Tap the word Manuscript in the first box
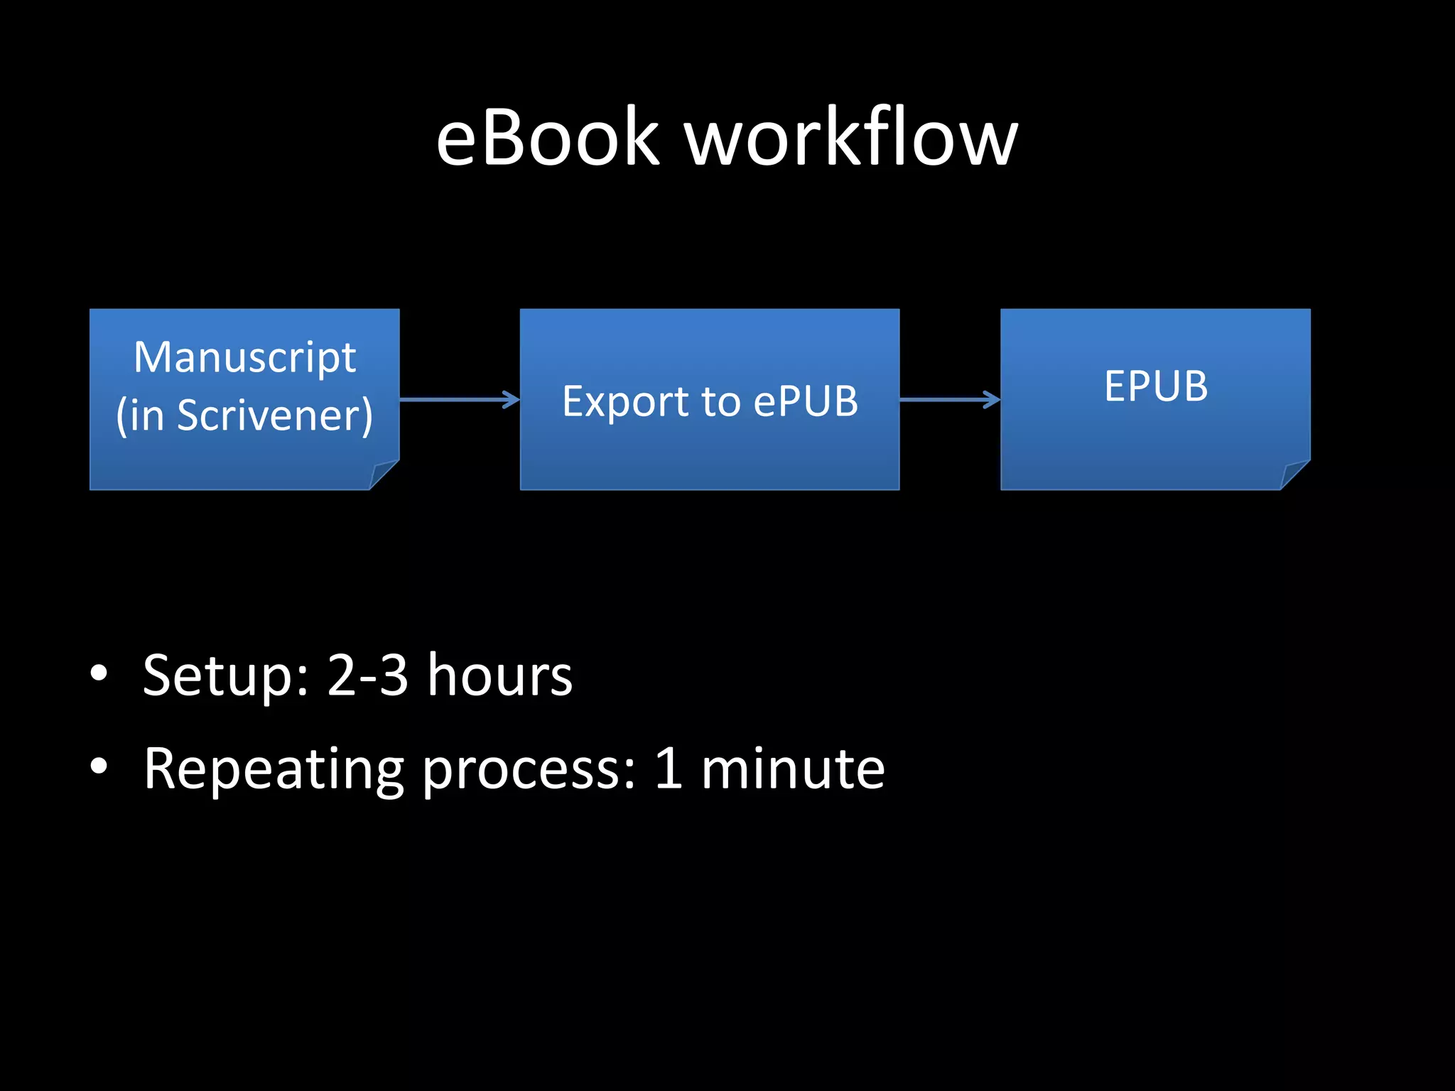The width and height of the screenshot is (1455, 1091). [x=244, y=357]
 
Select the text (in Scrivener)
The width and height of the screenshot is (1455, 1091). [x=244, y=415]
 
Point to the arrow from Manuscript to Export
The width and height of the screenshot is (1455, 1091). [x=459, y=400]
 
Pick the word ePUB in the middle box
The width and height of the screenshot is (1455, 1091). [x=806, y=402]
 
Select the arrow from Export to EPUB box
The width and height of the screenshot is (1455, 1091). [x=949, y=400]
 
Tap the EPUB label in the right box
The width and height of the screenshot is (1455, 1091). [x=1156, y=386]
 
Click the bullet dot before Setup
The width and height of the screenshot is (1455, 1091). [x=99, y=673]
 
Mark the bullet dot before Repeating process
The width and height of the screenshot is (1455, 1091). [x=99, y=766]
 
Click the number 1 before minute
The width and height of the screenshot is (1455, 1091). [x=669, y=768]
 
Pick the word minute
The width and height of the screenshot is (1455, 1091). [x=793, y=768]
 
